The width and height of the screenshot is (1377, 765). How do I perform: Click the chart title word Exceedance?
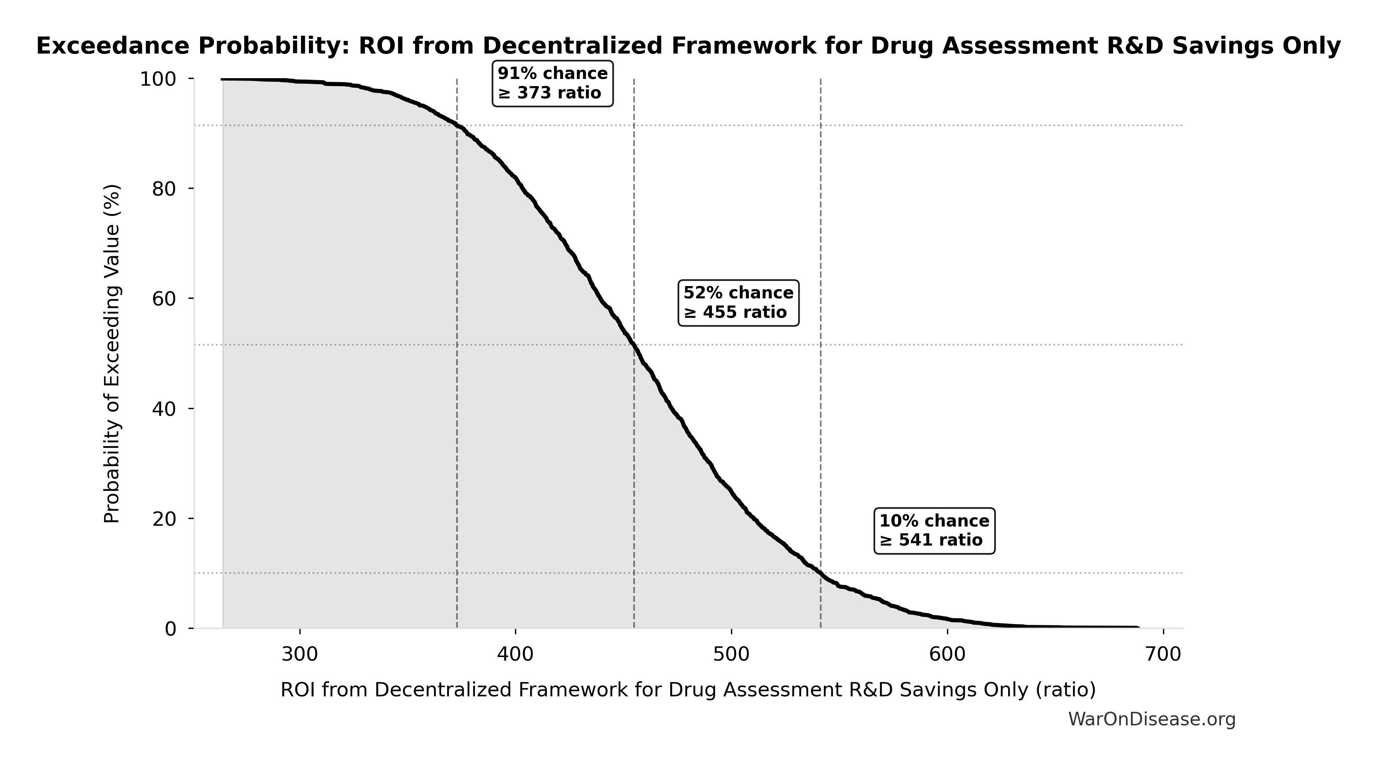pos(112,46)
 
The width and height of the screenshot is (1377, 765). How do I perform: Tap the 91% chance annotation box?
pos(552,84)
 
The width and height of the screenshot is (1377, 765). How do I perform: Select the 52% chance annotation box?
pos(738,303)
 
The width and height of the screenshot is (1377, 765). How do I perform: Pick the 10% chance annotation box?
pos(934,531)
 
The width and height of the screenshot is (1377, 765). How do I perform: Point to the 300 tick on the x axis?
pos(300,654)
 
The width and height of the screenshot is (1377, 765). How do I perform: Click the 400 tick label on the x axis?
pos(515,654)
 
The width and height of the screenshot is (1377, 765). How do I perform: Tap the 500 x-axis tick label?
pos(731,654)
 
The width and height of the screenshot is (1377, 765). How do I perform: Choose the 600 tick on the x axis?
pos(947,654)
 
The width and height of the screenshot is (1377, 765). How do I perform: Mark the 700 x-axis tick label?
pos(1163,654)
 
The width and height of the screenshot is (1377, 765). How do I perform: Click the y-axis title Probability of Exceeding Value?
pos(112,354)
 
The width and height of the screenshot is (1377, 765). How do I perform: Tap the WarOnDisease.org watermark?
pos(1151,720)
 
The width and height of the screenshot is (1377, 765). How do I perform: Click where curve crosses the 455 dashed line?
pos(634,346)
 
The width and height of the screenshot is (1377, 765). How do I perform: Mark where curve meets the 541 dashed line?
pos(821,573)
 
